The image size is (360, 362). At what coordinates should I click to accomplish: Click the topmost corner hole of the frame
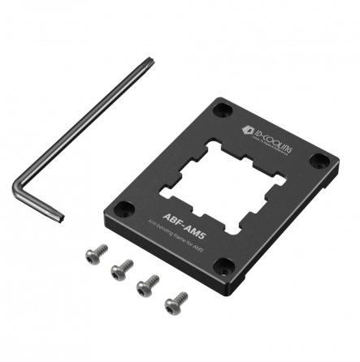[x=223, y=106]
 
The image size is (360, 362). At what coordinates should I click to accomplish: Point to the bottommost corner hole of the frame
[x=230, y=265]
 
